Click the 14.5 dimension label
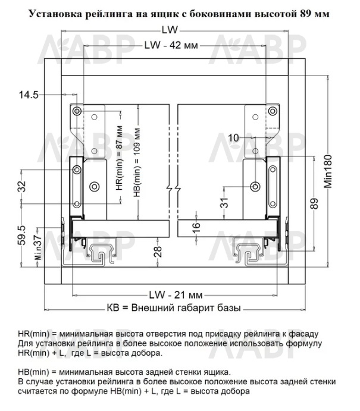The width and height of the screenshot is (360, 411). click(29, 95)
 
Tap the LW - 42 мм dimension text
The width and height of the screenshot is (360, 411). click(171, 45)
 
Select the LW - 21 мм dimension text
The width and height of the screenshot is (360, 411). click(176, 295)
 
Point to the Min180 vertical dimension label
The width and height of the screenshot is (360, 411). click(328, 171)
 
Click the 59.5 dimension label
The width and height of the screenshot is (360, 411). click(22, 236)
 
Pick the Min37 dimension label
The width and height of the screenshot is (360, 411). click(38, 247)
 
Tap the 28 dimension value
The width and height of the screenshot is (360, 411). click(158, 251)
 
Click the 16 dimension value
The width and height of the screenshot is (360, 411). click(196, 227)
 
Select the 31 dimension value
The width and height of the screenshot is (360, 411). click(224, 203)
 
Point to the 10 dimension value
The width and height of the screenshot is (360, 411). click(233, 137)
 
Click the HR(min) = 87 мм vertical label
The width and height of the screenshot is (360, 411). click(119, 158)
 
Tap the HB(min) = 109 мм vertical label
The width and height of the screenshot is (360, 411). click(137, 162)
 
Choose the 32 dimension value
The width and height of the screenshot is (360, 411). click(22, 186)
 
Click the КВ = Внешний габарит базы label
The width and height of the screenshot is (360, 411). click(174, 308)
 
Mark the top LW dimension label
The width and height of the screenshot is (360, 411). click(170, 30)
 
